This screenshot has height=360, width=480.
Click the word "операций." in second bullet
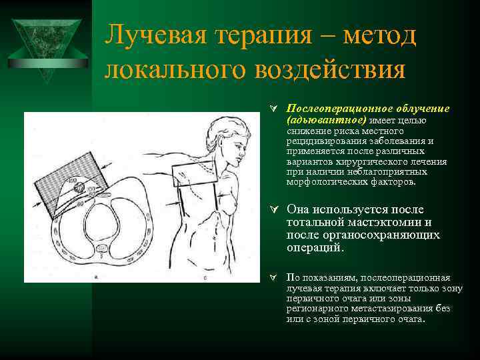(316, 247)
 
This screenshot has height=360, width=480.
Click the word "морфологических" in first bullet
(319, 181)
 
